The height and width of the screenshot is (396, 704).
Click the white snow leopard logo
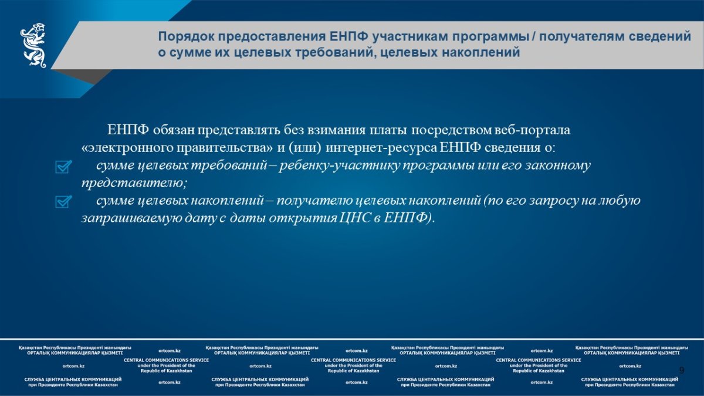click(33, 45)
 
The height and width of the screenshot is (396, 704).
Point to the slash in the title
click(534, 37)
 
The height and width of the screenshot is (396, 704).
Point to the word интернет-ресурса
click(381, 148)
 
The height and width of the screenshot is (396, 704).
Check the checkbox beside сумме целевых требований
click(63, 167)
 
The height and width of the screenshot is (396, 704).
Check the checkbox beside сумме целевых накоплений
click(63, 202)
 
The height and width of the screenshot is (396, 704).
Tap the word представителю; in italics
click(134, 183)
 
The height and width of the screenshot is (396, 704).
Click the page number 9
click(682, 370)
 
